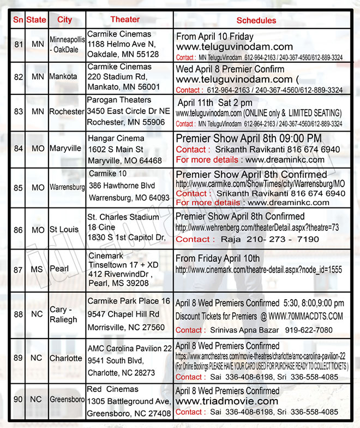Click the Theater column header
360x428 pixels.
tap(125, 20)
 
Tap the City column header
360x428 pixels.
tap(64, 20)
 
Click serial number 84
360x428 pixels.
tap(19, 148)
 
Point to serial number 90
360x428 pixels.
tap(19, 400)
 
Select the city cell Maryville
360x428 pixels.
tap(65, 148)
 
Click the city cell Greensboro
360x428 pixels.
tap(67, 400)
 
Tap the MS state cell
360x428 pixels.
tap(38, 270)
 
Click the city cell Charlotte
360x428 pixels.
tap(65, 359)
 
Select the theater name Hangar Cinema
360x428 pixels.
tap(116, 139)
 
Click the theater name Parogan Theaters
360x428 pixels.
tap(119, 100)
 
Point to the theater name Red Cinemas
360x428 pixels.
tap(113, 389)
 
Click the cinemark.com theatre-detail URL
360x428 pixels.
tap(259, 270)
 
